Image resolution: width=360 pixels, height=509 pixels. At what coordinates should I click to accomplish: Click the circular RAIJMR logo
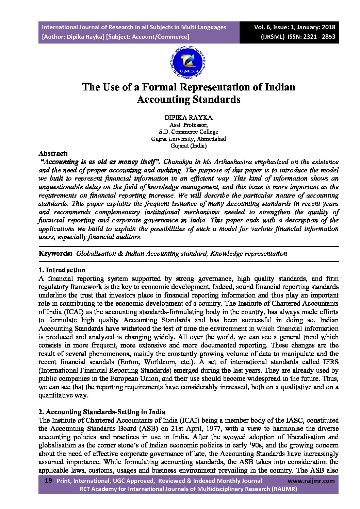(187, 63)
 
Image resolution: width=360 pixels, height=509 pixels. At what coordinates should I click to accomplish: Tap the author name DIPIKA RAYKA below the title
(188, 118)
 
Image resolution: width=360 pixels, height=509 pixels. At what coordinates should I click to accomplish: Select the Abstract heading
(53, 153)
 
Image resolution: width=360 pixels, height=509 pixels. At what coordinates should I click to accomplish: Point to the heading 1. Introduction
(62, 270)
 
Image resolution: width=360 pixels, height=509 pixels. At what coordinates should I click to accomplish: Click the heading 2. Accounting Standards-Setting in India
(102, 412)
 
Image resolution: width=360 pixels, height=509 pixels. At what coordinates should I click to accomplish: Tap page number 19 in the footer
(48, 481)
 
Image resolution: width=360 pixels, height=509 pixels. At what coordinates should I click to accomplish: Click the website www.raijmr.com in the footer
(311, 481)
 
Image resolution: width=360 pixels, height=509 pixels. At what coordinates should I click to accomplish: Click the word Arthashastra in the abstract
(232, 162)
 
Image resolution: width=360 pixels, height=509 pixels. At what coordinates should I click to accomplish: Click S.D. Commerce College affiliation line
(188, 132)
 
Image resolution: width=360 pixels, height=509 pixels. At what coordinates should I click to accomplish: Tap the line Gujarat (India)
(188, 146)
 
